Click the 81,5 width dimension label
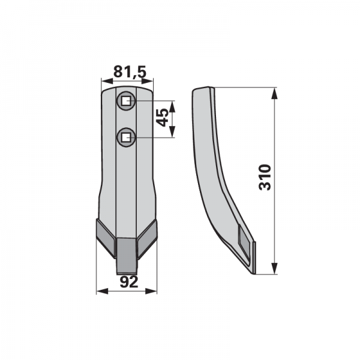(x=130, y=72)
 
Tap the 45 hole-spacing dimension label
(x=163, y=118)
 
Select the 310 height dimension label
(x=265, y=177)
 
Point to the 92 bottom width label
(x=129, y=282)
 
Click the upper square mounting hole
(x=125, y=101)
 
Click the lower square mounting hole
(x=125, y=137)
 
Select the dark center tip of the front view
(x=127, y=256)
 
